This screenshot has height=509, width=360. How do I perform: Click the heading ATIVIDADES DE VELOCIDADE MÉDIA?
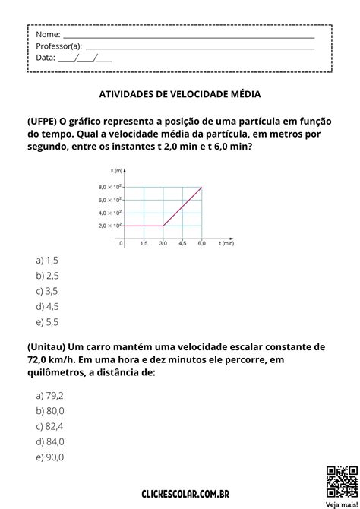(x=180, y=95)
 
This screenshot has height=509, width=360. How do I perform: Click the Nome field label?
(x=48, y=34)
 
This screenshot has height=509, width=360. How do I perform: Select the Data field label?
(x=46, y=57)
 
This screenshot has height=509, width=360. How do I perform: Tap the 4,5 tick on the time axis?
(x=182, y=244)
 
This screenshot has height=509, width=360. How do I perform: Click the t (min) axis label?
(x=226, y=244)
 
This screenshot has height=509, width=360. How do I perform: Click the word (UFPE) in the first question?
(x=42, y=121)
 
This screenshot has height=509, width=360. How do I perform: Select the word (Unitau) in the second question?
(x=46, y=346)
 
